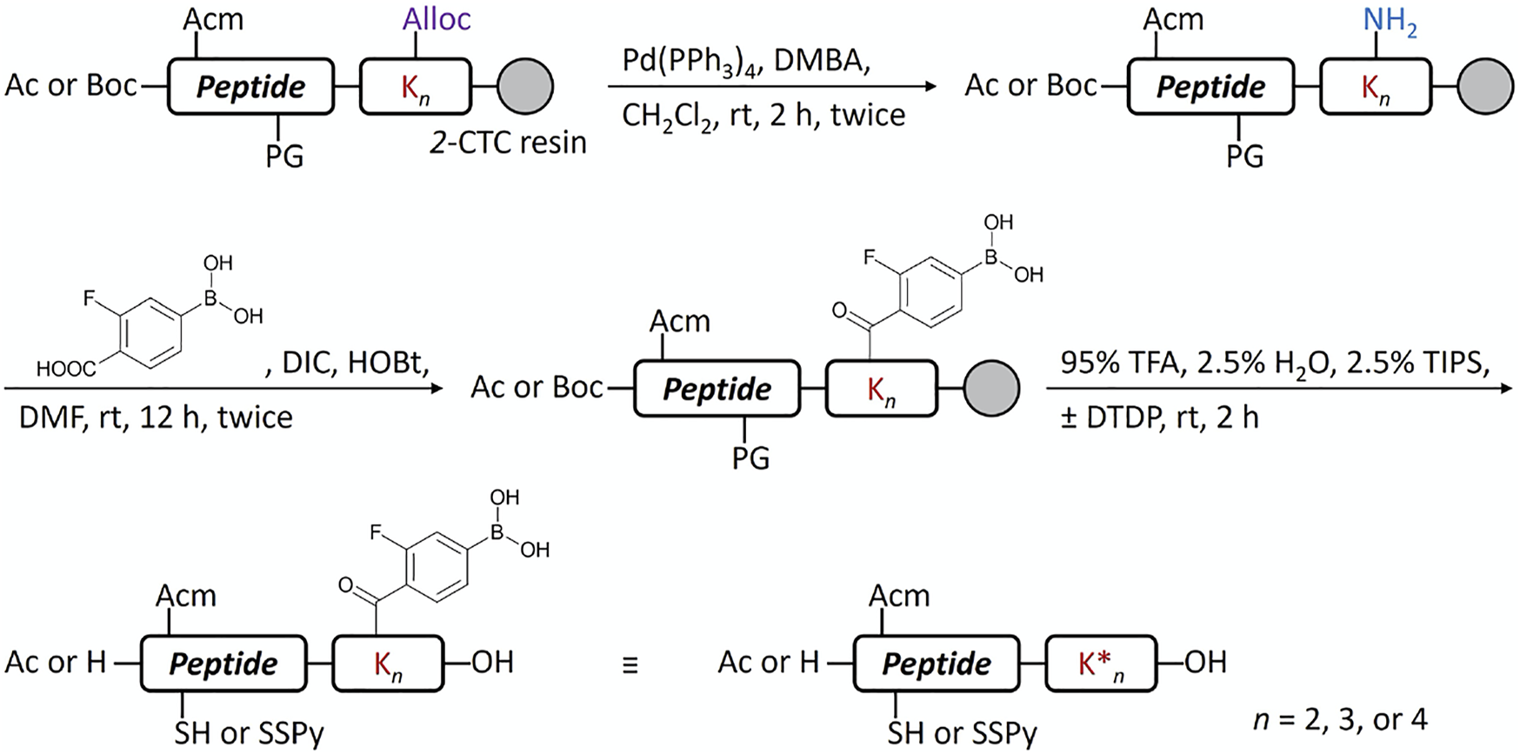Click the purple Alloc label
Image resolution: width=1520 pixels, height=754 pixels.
click(437, 19)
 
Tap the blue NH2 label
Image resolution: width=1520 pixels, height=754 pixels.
click(1390, 21)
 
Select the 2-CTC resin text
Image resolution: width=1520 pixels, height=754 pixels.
click(508, 143)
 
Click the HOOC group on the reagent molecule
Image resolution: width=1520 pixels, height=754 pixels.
click(66, 369)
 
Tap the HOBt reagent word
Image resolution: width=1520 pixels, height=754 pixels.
click(389, 363)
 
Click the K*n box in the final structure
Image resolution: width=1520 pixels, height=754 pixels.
click(1101, 665)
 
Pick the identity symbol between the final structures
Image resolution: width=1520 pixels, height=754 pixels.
click(630, 665)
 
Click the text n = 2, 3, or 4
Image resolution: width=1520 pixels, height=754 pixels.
click(1339, 719)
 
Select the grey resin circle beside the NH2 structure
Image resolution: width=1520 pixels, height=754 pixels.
click(1484, 87)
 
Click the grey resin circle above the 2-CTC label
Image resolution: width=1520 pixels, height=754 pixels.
click(524, 87)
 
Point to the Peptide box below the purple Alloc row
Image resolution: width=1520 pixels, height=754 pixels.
click(250, 87)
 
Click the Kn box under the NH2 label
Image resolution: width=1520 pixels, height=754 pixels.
click(1375, 87)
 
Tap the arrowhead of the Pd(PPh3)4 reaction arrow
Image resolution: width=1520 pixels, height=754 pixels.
click(930, 87)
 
